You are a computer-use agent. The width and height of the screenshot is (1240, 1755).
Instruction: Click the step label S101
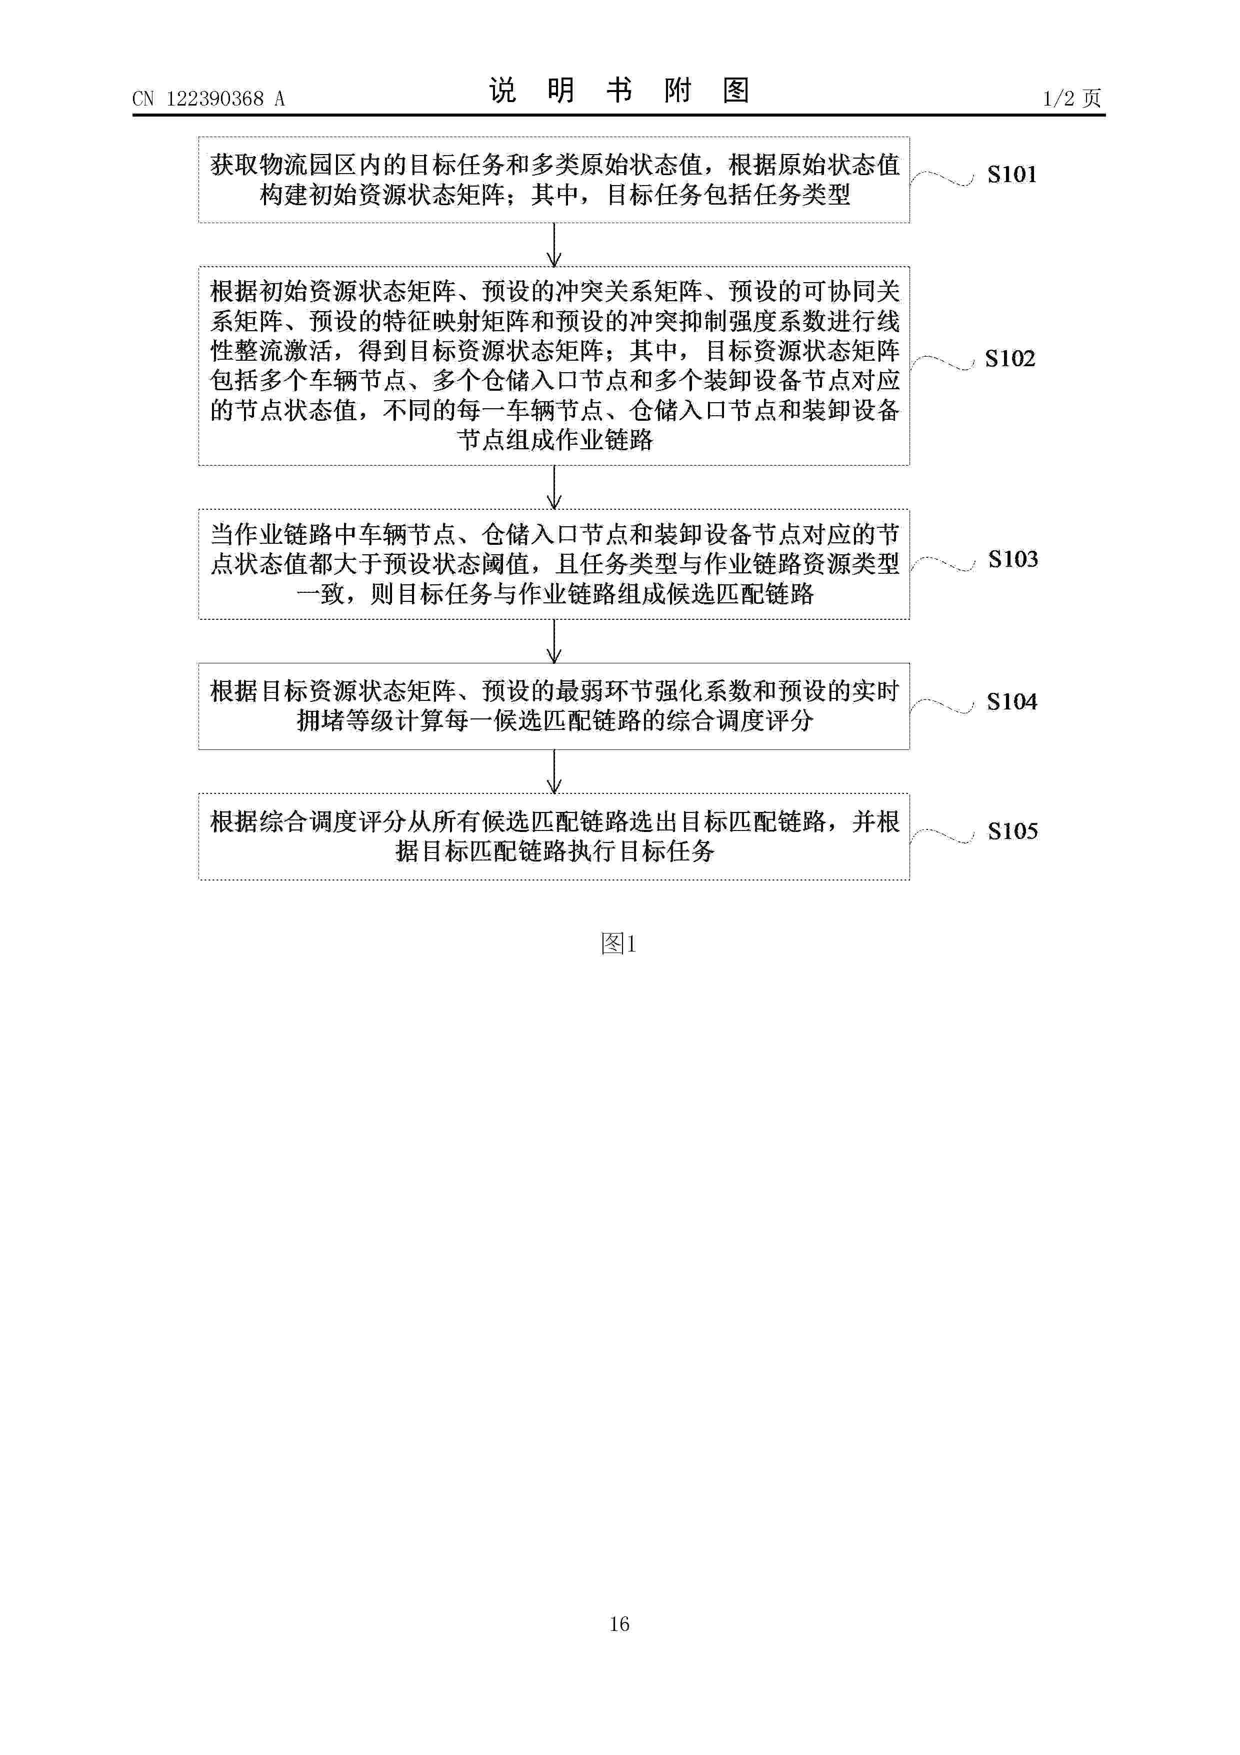[1011, 174]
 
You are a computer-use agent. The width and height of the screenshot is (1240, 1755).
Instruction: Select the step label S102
[1010, 359]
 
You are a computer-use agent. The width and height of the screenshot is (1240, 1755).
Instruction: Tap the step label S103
[1013, 559]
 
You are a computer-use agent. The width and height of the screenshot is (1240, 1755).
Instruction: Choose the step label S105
[1012, 831]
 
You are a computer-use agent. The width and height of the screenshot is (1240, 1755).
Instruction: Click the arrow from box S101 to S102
[554, 245]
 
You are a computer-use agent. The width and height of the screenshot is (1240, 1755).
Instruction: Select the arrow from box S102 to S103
[554, 487]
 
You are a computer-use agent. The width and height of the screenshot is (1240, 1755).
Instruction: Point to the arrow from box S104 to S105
[554, 771]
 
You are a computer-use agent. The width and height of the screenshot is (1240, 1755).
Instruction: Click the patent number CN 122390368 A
[208, 99]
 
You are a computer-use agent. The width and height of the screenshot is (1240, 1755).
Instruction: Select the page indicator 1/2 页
[1072, 98]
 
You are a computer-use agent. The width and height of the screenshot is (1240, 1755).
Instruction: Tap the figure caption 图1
[619, 944]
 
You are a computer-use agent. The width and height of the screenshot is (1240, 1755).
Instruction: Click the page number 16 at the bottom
[619, 1645]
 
